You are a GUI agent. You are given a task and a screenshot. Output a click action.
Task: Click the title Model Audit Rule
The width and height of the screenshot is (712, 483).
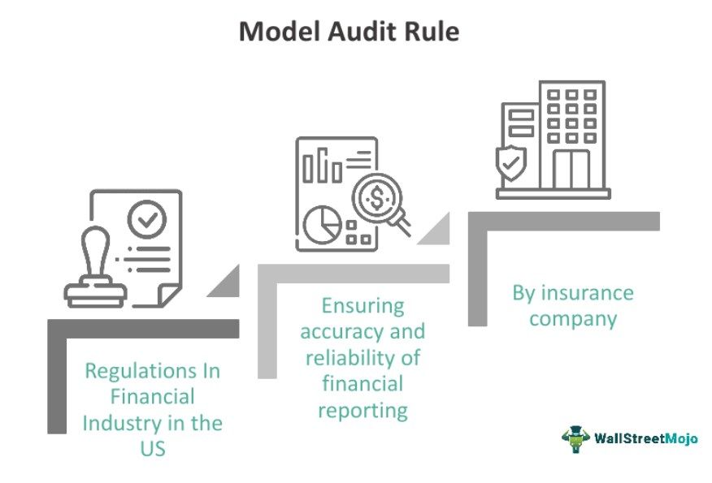(349, 32)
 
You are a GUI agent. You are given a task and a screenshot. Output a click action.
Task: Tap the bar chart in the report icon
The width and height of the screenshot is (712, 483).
(323, 166)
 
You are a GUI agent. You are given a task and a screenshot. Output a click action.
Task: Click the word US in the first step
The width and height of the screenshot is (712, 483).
(153, 447)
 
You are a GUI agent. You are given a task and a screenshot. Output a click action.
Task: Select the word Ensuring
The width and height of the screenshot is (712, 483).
(363, 306)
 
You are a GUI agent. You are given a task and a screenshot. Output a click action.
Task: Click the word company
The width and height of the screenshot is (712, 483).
(573, 318)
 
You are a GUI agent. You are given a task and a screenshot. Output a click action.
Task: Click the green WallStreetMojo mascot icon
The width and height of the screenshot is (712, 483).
(575, 438)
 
